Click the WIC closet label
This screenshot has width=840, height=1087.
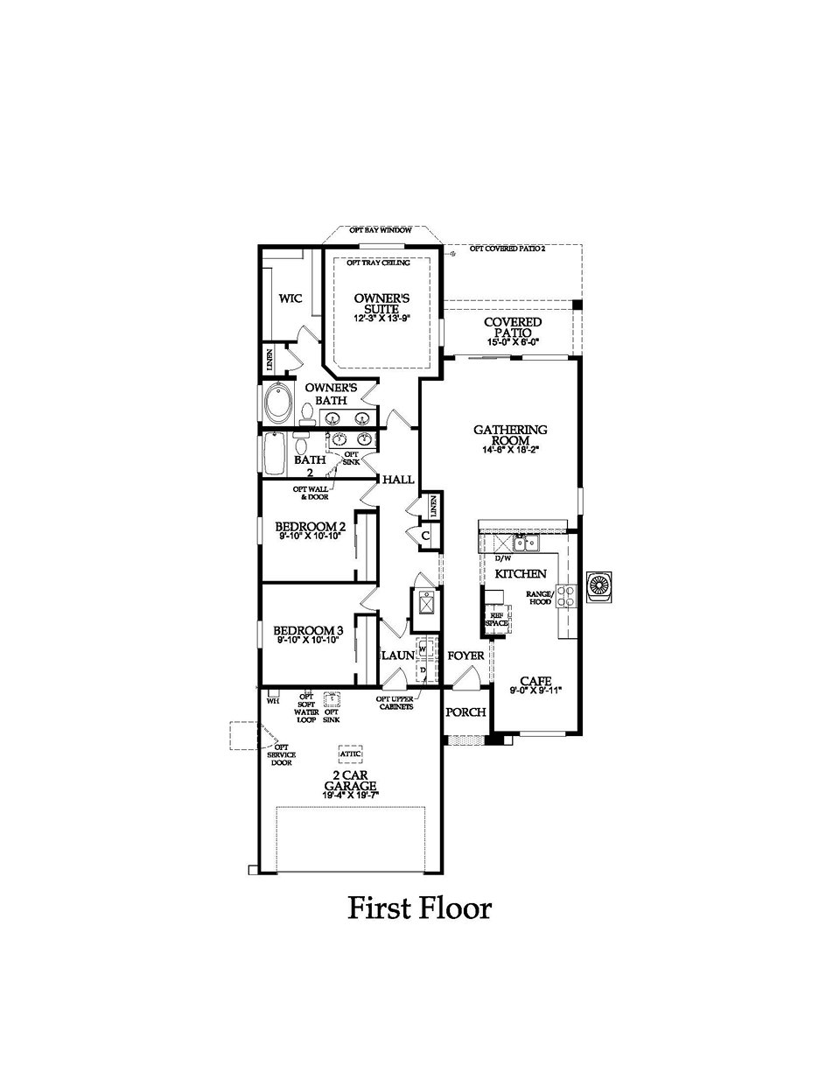click(290, 299)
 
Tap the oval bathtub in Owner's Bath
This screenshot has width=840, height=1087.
click(280, 403)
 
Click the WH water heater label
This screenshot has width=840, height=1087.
click(272, 701)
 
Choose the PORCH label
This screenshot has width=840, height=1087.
click(465, 712)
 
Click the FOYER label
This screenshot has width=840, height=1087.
click(465, 656)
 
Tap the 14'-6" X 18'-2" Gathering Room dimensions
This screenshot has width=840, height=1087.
click(510, 451)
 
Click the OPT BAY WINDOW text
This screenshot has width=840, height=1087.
click(380, 230)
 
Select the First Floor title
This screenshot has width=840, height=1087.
click(419, 908)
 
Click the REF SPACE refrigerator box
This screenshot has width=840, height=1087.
click(497, 618)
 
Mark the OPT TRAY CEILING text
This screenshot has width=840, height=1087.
click(379, 262)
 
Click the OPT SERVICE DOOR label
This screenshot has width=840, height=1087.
click(282, 754)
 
